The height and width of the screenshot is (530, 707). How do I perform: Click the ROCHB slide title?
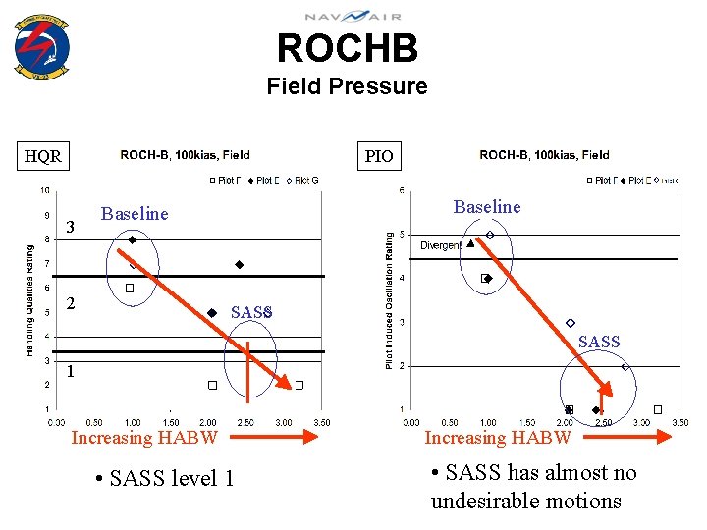(347, 48)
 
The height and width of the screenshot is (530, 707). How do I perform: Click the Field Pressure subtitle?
(347, 86)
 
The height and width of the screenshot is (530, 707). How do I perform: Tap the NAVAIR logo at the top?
(352, 16)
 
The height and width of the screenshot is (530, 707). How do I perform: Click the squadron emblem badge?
(42, 46)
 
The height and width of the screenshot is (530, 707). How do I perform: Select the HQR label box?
(43, 156)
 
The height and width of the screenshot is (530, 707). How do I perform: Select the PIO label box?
(379, 156)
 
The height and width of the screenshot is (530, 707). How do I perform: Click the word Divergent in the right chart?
(441, 245)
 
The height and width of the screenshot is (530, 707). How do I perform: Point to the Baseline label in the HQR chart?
(135, 214)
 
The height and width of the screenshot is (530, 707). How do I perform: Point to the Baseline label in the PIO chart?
(487, 206)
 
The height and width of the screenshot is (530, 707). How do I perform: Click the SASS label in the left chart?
(250, 312)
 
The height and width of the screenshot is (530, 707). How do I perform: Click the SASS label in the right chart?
(599, 342)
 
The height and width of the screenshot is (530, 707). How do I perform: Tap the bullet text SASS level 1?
(164, 478)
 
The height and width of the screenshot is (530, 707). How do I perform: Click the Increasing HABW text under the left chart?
(144, 437)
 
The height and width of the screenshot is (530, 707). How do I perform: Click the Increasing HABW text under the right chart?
(497, 437)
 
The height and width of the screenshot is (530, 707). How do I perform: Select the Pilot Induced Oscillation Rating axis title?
(390, 300)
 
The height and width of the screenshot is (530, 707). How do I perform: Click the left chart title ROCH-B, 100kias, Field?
(185, 155)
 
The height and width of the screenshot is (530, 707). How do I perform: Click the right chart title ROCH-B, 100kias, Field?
(544, 155)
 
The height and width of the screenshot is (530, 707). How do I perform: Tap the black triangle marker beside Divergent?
(470, 243)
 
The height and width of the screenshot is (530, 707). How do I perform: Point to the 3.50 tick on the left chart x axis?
(320, 422)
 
